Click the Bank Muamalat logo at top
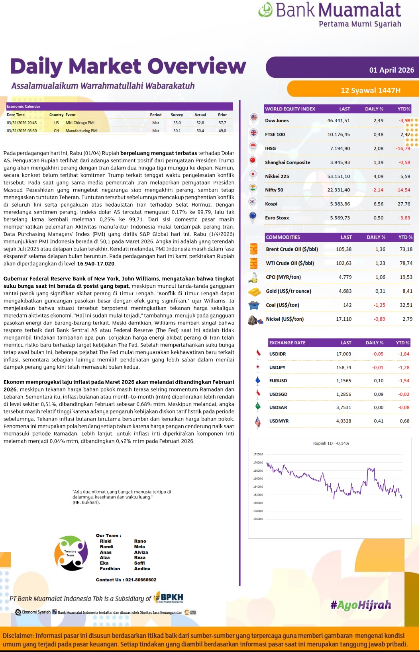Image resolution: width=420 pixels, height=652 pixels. click(x=330, y=14)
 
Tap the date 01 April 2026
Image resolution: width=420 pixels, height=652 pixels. click(x=391, y=70)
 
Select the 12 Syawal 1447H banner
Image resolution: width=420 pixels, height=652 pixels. click(x=370, y=90)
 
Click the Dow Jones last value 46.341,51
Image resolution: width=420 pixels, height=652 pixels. click(x=338, y=121)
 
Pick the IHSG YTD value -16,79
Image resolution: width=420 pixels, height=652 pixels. click(x=403, y=148)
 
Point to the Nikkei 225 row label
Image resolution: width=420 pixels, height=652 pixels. click(x=277, y=176)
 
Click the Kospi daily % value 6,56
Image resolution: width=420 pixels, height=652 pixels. click(x=378, y=204)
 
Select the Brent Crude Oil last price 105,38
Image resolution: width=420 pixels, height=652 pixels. click(x=343, y=249)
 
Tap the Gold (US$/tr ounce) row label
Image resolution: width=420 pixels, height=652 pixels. click(x=288, y=291)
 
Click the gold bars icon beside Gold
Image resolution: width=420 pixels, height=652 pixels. click(x=254, y=292)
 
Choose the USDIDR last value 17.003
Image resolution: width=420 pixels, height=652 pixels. click(x=343, y=354)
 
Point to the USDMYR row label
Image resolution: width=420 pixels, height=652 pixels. click(x=279, y=421)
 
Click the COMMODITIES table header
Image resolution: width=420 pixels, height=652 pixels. click(x=283, y=237)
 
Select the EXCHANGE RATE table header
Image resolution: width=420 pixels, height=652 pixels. click(x=287, y=343)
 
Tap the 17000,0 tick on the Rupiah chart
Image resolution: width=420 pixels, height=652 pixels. click(x=258, y=462)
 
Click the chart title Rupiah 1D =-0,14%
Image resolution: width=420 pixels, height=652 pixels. click(x=331, y=443)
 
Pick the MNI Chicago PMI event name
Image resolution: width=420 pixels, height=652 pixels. click(x=80, y=123)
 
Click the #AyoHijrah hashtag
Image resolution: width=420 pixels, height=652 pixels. click(x=361, y=605)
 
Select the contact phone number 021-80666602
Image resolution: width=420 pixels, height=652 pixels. click(x=141, y=580)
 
